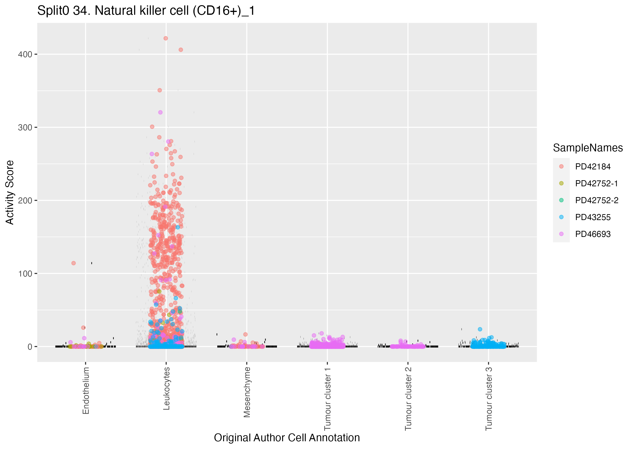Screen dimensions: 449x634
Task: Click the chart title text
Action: (x=146, y=11)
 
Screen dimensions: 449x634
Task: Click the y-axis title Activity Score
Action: (x=10, y=192)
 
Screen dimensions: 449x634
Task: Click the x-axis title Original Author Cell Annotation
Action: (x=287, y=438)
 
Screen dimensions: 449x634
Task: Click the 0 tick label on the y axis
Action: (x=30, y=347)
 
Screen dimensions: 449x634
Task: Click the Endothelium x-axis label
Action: (x=86, y=390)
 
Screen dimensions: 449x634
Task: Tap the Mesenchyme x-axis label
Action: (x=247, y=392)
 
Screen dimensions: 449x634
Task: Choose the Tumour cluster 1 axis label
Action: (x=328, y=399)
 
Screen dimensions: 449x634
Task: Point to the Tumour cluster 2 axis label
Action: (x=408, y=399)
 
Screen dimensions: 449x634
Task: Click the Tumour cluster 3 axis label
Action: (x=489, y=399)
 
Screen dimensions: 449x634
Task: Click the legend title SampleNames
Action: (x=588, y=148)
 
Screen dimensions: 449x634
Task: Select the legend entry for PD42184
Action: (x=593, y=167)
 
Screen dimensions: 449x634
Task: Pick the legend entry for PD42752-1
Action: (x=596, y=183)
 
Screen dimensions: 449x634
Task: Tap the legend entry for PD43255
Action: (x=593, y=217)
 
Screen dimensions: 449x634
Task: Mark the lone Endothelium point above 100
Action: (x=74, y=263)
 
